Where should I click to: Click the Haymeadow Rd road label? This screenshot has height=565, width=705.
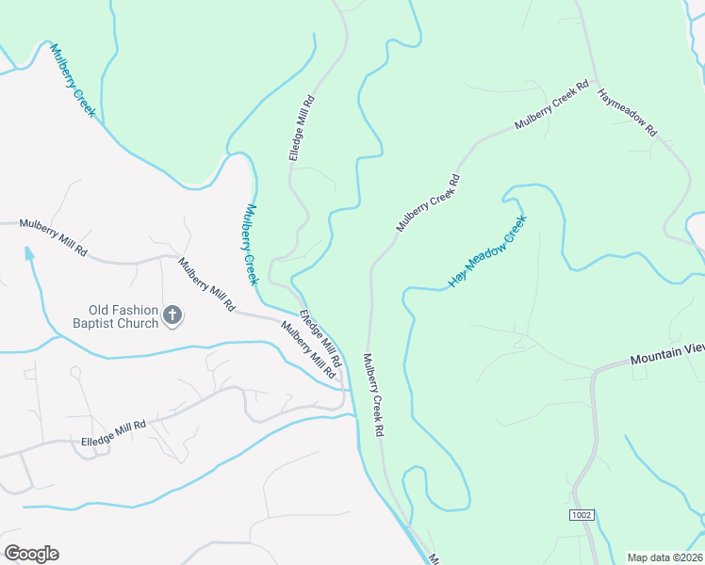click(x=627, y=113)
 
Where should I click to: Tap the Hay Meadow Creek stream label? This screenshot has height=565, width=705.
click(x=487, y=250)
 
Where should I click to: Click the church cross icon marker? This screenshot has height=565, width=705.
click(x=172, y=315)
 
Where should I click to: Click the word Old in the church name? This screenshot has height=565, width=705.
click(x=101, y=309)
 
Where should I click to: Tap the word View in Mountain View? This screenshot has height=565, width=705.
click(x=694, y=349)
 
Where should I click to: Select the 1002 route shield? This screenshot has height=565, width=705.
click(x=582, y=516)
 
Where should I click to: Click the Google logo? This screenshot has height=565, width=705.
click(x=31, y=554)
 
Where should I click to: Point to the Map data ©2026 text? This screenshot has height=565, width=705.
click(x=665, y=557)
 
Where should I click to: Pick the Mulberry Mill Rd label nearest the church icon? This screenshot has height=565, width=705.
click(x=205, y=285)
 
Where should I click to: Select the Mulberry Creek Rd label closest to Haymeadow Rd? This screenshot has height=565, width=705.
click(x=551, y=110)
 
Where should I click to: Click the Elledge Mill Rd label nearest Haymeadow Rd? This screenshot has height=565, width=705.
click(x=301, y=130)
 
